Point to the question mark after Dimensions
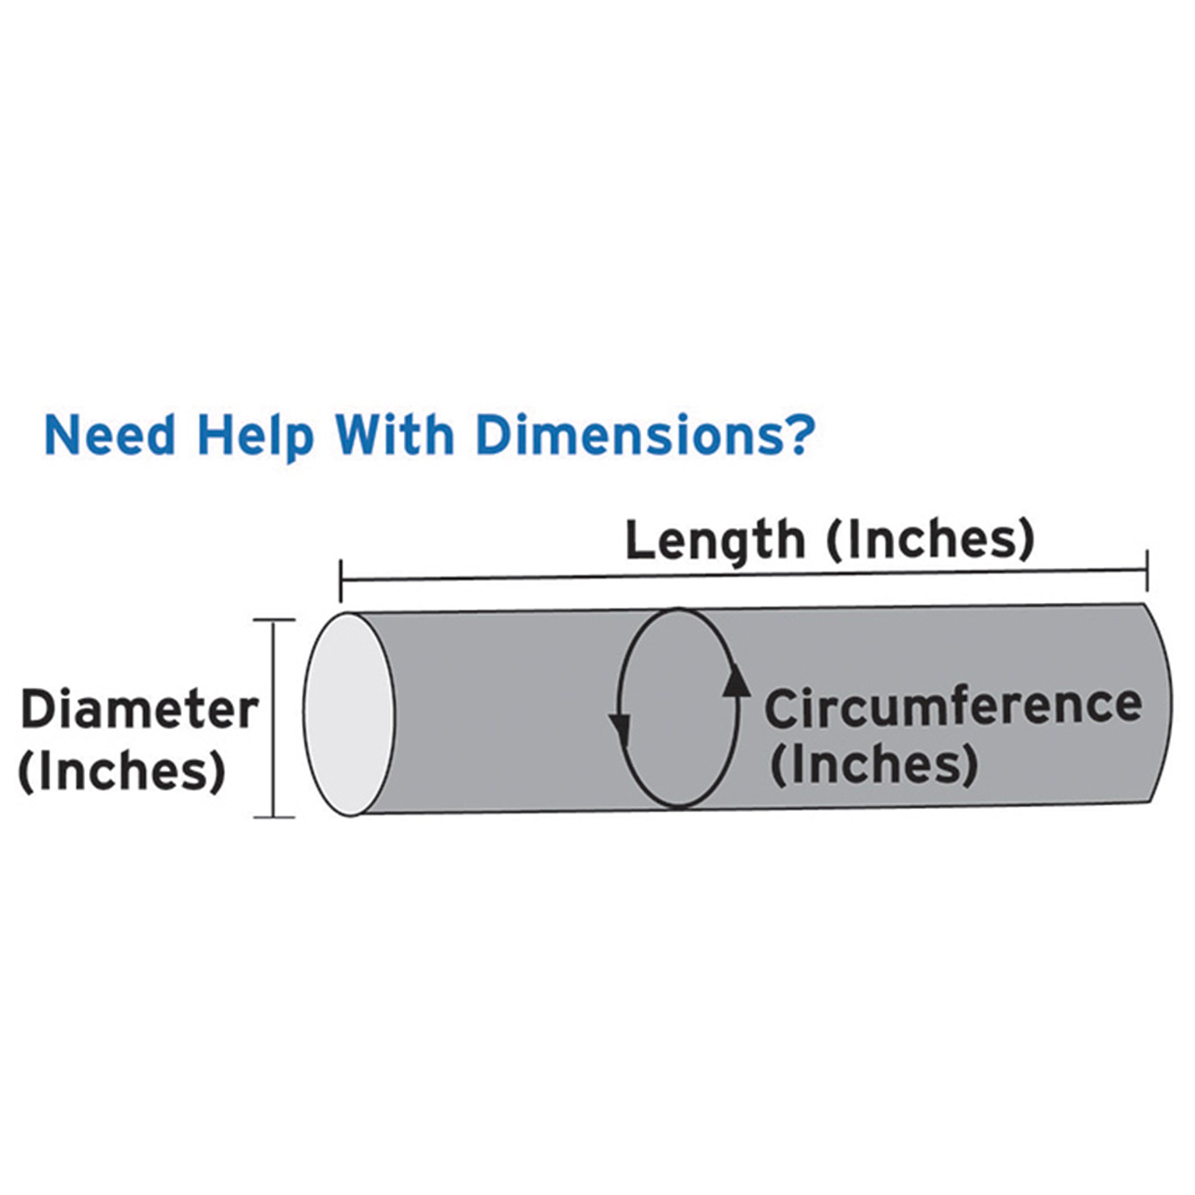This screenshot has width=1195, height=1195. pos(792,435)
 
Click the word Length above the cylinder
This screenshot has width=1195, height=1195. pos(714,540)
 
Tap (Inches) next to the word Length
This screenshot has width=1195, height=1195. pos(929,539)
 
